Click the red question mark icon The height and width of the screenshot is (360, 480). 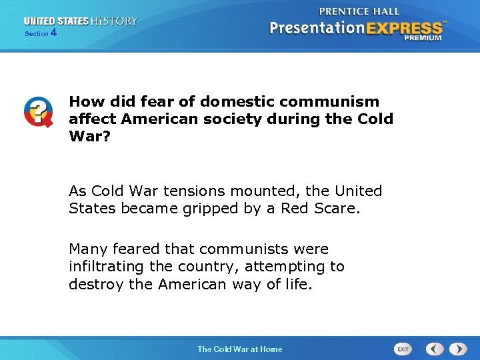[38, 112]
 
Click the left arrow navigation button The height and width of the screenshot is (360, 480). [435, 349]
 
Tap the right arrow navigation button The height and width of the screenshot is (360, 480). [458, 349]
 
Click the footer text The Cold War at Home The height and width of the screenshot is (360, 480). [239, 349]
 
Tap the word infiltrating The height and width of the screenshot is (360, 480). [109, 267]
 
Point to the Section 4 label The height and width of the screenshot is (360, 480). [41, 33]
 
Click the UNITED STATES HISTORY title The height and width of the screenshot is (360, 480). [81, 21]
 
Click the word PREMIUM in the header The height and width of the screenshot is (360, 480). [422, 38]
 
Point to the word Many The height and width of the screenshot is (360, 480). [88, 249]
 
